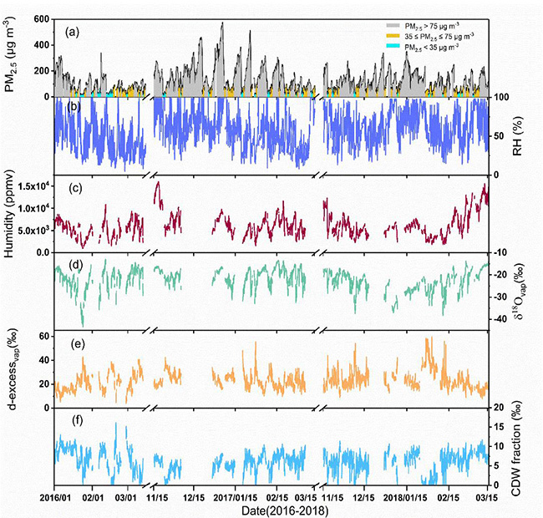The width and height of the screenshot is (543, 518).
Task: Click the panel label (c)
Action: (73, 187)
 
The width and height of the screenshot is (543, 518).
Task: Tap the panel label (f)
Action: (73, 424)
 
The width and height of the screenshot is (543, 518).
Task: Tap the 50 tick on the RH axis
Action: (500, 135)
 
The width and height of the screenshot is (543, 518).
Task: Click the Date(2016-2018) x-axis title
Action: (274, 509)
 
